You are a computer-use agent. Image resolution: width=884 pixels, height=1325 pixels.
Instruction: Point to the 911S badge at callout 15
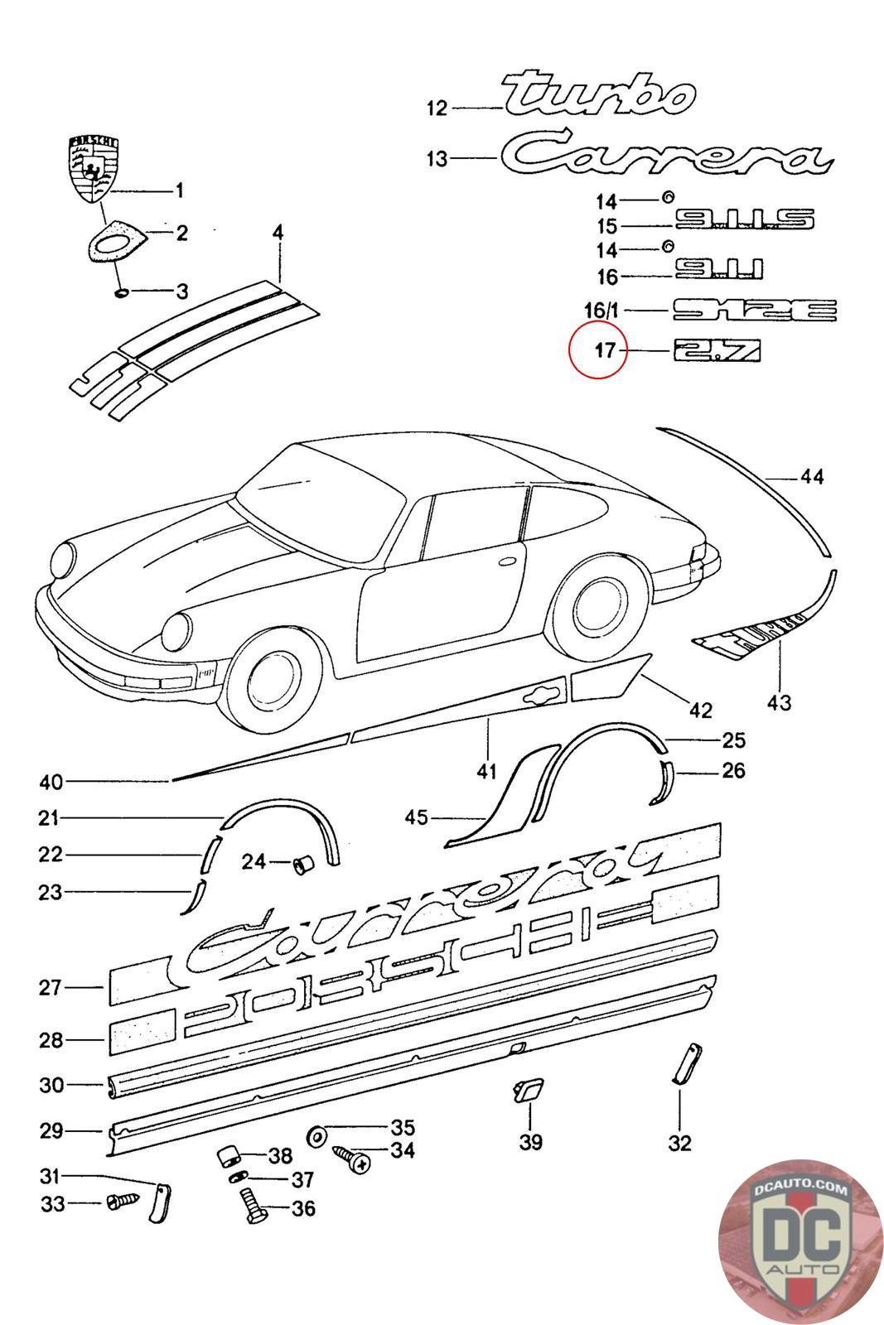tap(744, 219)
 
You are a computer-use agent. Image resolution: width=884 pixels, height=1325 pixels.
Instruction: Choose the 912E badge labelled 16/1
tap(754, 311)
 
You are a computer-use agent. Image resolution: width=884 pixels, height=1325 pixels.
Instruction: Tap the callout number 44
tap(812, 477)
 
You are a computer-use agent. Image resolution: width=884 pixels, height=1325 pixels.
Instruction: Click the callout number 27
tap(51, 987)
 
